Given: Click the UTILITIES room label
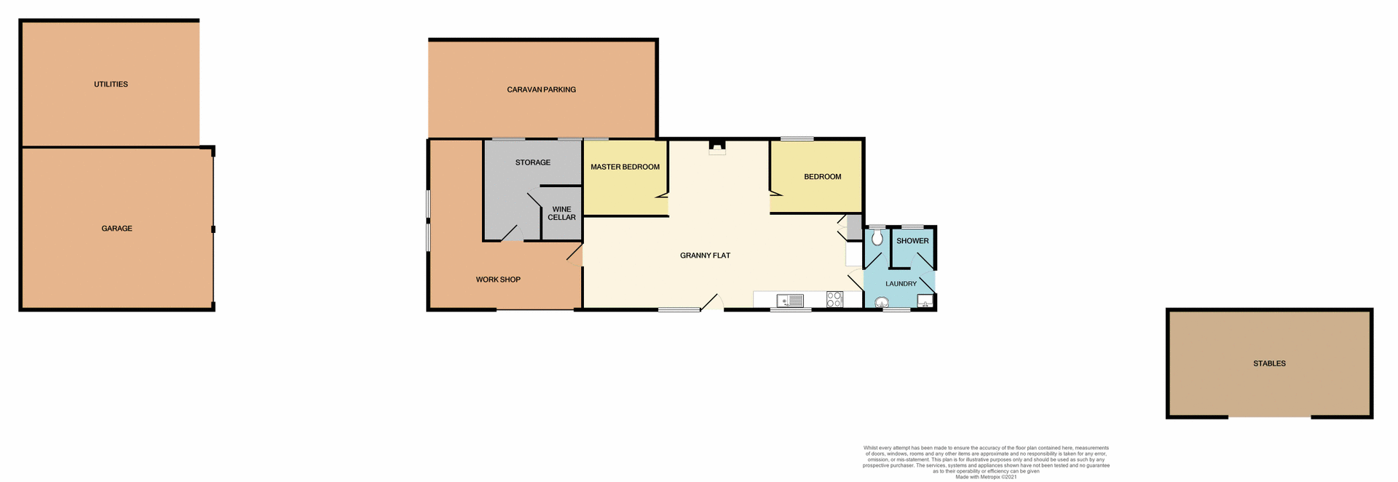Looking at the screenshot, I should (111, 84).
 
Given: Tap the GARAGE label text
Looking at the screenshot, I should (116, 229).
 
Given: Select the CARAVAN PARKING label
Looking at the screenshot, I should (541, 90).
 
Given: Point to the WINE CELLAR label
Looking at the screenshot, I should (561, 213).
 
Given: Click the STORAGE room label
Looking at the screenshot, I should (532, 162).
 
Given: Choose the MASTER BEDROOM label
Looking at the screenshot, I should (625, 167).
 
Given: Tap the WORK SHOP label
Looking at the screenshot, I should (498, 280).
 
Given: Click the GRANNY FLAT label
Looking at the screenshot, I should (705, 256).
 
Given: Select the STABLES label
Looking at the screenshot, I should (1269, 363).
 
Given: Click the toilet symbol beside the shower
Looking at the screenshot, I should (877, 237).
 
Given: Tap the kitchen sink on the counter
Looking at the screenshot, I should (790, 300).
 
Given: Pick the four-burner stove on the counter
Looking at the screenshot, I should (834, 299).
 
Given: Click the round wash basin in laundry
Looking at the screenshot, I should (882, 303).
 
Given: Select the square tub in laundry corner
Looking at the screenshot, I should (925, 301).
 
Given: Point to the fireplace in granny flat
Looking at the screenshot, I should (717, 147).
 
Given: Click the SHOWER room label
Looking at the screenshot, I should (912, 241).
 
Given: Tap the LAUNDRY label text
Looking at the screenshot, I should (901, 284).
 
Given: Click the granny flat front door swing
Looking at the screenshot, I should (712, 303).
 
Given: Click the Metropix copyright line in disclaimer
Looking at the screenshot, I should (986, 477).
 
